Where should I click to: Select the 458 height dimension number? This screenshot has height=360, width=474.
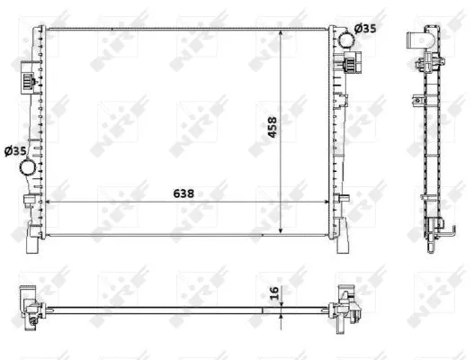[272, 130]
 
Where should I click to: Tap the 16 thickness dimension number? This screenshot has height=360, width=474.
[272, 292]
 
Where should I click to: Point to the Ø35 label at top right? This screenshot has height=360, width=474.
[364, 28]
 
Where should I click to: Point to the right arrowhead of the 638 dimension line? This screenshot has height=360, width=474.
[326, 201]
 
